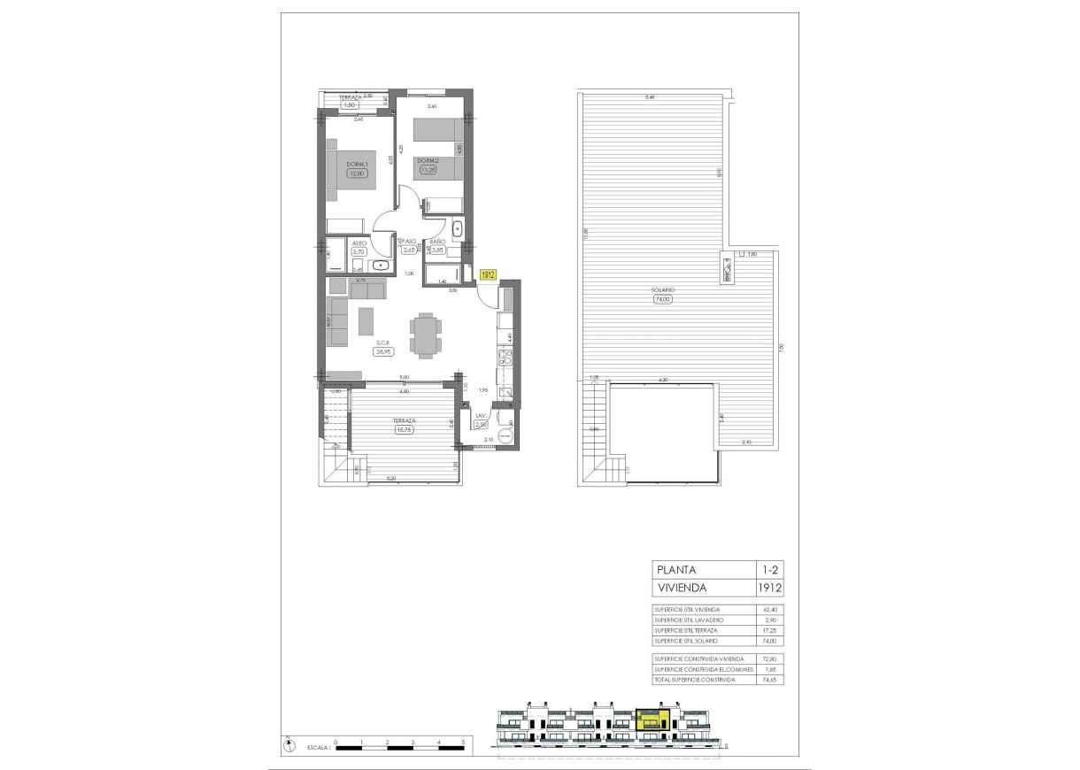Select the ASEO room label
point(359,243)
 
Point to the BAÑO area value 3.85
point(436,250)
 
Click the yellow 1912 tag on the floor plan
point(487,275)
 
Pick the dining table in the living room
point(424,335)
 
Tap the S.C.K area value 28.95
point(383,351)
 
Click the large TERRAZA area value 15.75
point(404,430)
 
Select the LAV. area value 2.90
point(482,425)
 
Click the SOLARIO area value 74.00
point(662,299)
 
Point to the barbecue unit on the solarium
point(727,267)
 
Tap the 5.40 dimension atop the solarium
point(650,96)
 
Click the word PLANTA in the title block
point(675,569)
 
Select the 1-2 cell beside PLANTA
point(769,569)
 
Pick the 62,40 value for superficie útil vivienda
point(769,609)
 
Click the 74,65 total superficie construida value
point(769,679)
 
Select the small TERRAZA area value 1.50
point(351,104)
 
